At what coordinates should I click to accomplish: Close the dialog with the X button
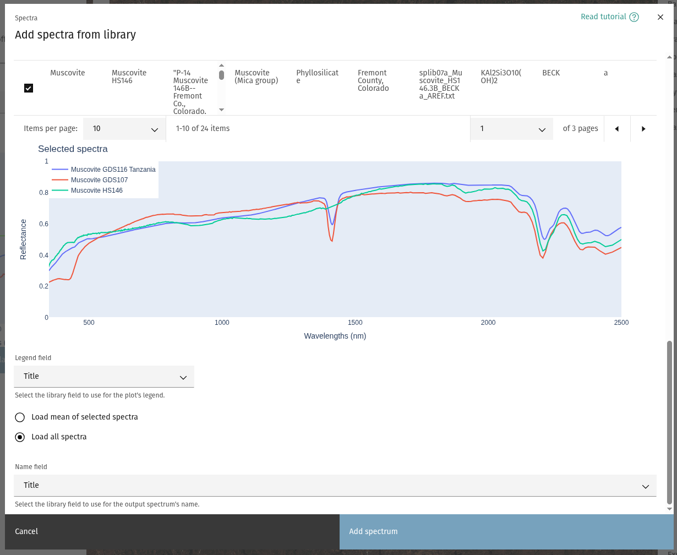pos(660,17)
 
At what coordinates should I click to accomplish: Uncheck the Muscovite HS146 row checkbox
pos(29,88)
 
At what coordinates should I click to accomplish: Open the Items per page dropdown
pos(124,129)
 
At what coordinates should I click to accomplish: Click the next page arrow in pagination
pos(643,129)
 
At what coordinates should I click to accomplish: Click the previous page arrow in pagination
pos(616,129)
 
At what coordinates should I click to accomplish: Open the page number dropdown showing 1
pos(512,129)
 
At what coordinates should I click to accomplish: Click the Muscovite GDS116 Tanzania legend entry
pos(113,170)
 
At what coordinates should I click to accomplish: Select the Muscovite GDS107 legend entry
pos(99,180)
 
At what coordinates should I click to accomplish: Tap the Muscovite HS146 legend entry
pos(96,191)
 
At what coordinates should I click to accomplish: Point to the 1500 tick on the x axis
pos(355,323)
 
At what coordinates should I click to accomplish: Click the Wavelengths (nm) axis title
pos(335,336)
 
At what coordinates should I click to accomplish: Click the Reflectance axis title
pos(23,239)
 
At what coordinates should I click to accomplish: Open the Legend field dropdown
pos(104,377)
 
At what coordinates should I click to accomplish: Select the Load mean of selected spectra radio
pos(20,417)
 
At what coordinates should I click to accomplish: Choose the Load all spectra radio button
pos(20,437)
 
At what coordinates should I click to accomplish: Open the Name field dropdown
pos(335,486)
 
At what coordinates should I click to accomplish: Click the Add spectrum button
pos(505,532)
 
